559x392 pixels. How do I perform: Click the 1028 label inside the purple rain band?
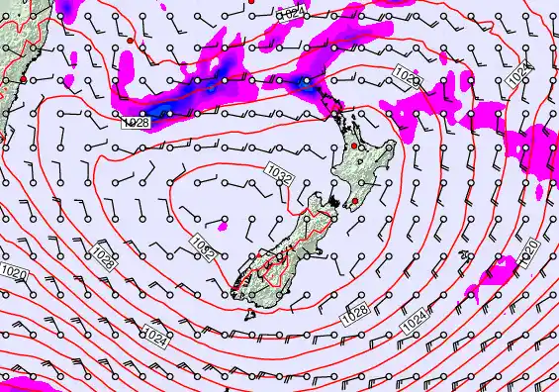(x=138, y=123)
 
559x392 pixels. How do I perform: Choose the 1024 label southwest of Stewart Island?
(x=153, y=333)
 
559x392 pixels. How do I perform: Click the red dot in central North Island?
(x=354, y=147)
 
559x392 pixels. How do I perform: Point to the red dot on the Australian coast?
(x=23, y=78)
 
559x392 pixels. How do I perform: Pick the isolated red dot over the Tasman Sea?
(x=130, y=41)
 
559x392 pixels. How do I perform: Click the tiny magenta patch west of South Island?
(x=223, y=227)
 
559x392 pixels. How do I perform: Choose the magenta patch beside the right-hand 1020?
(x=500, y=269)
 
